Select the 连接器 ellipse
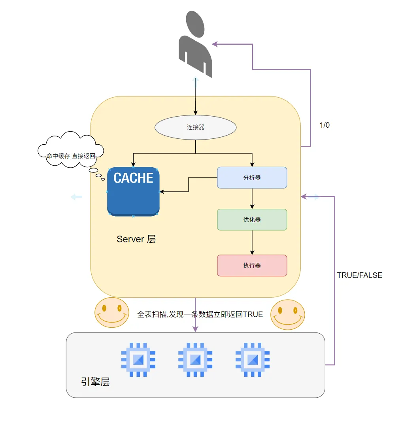(x=195, y=127)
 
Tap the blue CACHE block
(x=133, y=192)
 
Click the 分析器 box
(x=252, y=178)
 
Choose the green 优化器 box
(x=252, y=219)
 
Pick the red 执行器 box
(x=252, y=265)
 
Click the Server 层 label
(x=136, y=239)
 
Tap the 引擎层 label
(x=95, y=381)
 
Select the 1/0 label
(x=324, y=125)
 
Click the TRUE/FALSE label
(x=359, y=275)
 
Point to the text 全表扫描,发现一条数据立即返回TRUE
(x=200, y=314)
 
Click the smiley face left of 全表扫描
(x=112, y=312)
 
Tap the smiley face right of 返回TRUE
(x=288, y=315)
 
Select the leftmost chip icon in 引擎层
(x=138, y=359)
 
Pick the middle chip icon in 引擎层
(x=195, y=359)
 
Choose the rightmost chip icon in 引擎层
(x=252, y=359)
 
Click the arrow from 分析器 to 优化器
(x=252, y=198)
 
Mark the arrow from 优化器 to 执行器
(x=252, y=242)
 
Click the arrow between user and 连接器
(x=195, y=95)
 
